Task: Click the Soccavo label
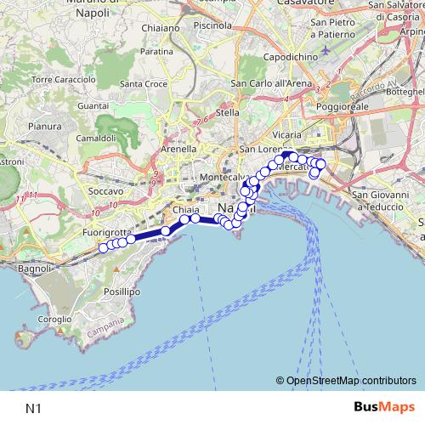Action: (x=105, y=192)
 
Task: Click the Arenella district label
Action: (x=179, y=148)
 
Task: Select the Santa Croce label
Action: (x=143, y=83)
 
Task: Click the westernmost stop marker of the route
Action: (x=104, y=248)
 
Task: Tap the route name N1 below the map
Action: (x=34, y=408)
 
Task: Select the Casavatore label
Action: (x=309, y=3)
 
